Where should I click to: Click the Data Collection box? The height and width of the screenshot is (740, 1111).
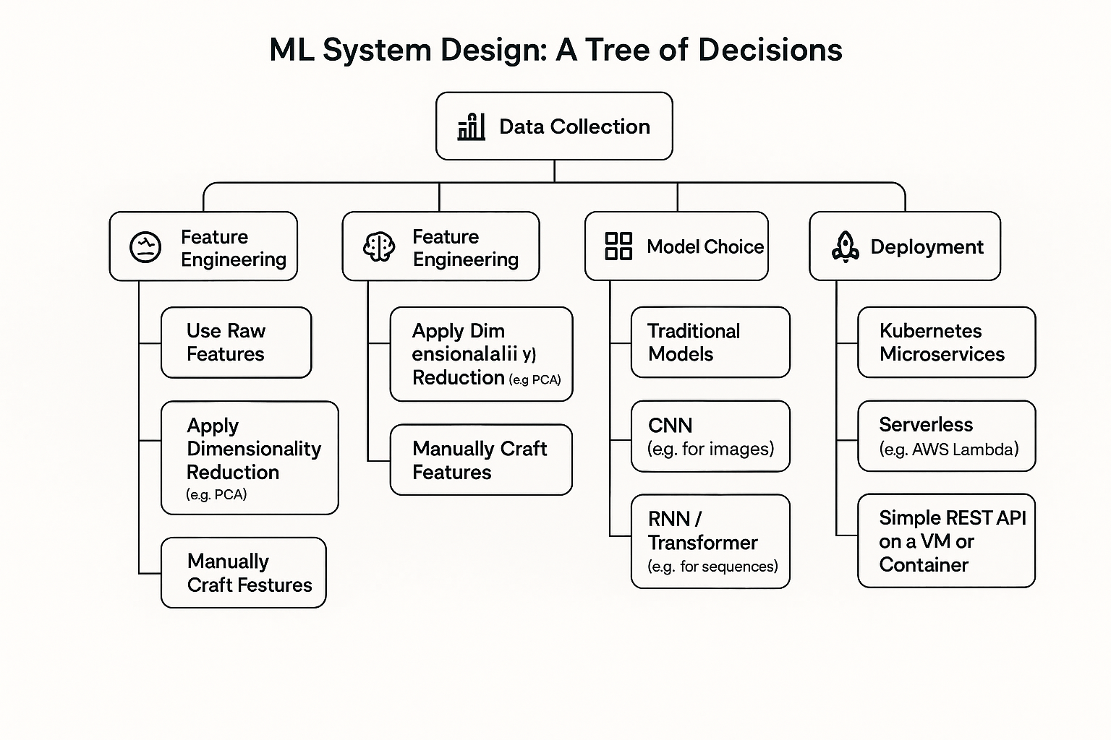(x=554, y=126)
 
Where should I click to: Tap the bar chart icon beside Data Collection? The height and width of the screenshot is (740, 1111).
(x=471, y=126)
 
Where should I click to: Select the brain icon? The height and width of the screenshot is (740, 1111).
(x=378, y=247)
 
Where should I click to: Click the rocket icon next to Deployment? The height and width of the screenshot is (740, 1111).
(x=845, y=246)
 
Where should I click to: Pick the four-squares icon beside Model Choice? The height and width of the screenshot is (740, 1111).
(x=618, y=246)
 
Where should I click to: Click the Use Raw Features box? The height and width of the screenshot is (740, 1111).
(x=236, y=343)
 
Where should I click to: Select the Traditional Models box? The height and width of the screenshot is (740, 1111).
(x=710, y=343)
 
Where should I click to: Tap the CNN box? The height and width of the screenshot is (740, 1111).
(x=710, y=436)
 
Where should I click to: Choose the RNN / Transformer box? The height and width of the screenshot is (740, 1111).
(x=710, y=541)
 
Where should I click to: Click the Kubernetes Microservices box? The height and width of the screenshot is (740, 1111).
(x=946, y=343)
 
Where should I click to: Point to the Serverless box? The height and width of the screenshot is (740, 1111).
(x=946, y=436)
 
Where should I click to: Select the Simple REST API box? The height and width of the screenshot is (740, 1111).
(x=946, y=541)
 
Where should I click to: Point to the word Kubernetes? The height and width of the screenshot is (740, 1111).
(x=930, y=331)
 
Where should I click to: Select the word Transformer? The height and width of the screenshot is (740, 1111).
(x=702, y=543)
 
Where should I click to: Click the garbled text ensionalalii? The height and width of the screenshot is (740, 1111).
(x=464, y=354)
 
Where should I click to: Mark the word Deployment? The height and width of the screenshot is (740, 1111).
(x=927, y=247)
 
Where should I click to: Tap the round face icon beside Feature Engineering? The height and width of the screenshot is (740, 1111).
(x=145, y=247)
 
